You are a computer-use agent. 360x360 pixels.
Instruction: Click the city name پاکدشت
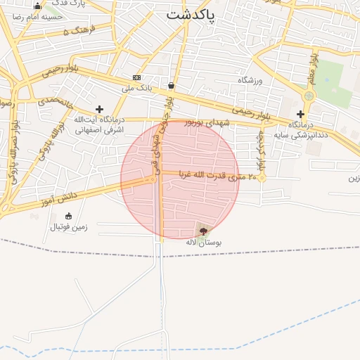[191, 14]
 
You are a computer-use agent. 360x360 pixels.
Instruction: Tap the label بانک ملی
[137, 88]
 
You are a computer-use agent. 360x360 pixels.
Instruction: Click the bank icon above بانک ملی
[136, 77]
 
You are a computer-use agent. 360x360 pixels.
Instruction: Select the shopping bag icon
[171, 85]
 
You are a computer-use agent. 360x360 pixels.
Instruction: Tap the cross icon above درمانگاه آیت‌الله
[99, 109]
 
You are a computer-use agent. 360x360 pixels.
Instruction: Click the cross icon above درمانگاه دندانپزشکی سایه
[300, 114]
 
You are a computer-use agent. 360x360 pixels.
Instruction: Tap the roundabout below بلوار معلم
[309, 96]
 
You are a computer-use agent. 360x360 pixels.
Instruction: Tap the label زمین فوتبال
[68, 227]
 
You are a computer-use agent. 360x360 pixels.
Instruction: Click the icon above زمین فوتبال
[67, 216]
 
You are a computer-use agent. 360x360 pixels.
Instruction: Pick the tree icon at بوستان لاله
[203, 231]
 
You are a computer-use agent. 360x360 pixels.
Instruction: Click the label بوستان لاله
[204, 242]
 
